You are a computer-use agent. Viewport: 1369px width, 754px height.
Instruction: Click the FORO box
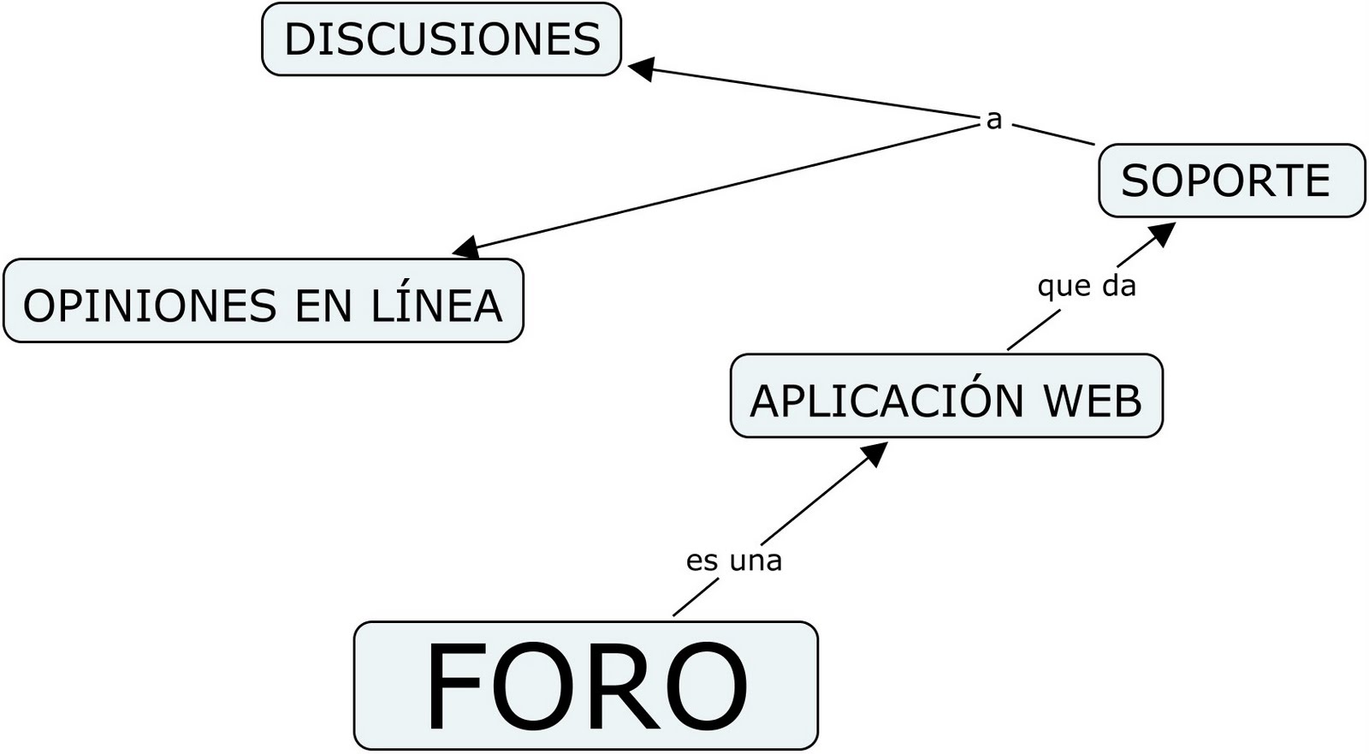(x=585, y=685)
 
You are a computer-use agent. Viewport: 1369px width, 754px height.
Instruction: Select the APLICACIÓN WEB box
(x=945, y=396)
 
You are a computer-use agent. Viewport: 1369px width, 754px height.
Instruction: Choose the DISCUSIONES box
(x=441, y=39)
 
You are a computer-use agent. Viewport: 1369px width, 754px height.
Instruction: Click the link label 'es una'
(x=734, y=561)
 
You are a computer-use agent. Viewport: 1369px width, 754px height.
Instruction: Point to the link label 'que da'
(x=1086, y=286)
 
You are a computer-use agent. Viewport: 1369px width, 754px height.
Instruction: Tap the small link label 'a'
(x=993, y=120)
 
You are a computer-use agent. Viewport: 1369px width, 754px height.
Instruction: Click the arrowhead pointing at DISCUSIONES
(x=642, y=68)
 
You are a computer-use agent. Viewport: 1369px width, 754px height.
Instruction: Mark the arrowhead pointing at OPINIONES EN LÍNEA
(x=466, y=248)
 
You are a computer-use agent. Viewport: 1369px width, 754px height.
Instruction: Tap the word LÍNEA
(x=436, y=305)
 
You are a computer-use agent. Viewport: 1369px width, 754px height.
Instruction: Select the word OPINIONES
(x=150, y=306)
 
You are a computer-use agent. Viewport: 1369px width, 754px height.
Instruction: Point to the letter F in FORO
(x=458, y=686)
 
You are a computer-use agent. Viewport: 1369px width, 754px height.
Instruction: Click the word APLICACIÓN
(x=886, y=400)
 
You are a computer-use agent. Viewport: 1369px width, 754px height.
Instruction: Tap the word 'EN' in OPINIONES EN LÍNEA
(x=323, y=306)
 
